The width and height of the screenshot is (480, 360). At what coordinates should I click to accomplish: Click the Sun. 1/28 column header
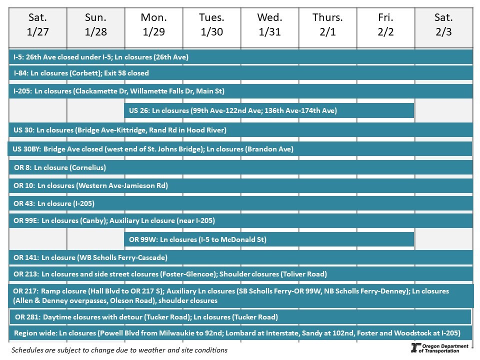coord(95,25)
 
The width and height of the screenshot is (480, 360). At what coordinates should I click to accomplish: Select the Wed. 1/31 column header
coord(269,25)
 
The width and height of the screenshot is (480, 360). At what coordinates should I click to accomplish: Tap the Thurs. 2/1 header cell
coord(327,25)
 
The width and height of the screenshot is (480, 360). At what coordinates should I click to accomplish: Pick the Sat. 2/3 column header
coord(443,25)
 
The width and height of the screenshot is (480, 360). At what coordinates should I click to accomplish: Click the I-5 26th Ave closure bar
coord(241,57)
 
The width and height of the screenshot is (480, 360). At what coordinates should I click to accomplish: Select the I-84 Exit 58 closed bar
coord(241,73)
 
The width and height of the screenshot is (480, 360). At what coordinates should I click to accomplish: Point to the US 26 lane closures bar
coord(269,110)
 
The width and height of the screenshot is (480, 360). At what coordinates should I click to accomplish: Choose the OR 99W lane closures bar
coord(269,239)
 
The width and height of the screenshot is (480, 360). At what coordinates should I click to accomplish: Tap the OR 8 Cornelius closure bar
coord(241,167)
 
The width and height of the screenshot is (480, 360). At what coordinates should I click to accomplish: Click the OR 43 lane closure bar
coord(241,203)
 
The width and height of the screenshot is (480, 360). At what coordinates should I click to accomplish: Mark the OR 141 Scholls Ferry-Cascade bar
coord(241,257)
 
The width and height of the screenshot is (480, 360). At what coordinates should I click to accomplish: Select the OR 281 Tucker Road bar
coord(240,317)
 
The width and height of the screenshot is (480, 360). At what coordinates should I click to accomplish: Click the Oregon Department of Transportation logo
coord(439,348)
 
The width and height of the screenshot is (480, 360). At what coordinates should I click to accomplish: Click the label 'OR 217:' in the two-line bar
coord(25,291)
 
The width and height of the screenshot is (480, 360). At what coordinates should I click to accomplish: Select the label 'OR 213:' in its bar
coord(25,274)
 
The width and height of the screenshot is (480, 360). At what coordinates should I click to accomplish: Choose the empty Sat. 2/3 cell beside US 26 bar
coord(443,110)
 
